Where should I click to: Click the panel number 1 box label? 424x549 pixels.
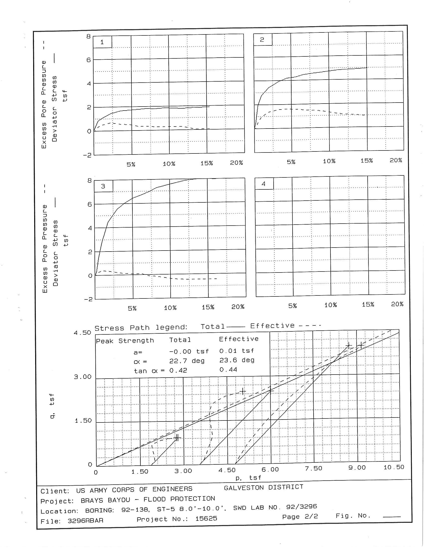[102, 42]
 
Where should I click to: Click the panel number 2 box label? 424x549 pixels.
[262, 40]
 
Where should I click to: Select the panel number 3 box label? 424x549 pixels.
[103, 186]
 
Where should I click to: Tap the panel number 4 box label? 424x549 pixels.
[263, 184]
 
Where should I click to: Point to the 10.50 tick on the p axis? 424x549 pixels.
[394, 467]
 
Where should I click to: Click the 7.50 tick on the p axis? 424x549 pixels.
[314, 468]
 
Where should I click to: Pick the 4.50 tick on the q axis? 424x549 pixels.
[82, 333]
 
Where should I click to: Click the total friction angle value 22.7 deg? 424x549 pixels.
[187, 361]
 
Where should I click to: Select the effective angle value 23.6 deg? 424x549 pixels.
[237, 360]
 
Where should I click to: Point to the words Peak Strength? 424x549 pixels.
[125, 341]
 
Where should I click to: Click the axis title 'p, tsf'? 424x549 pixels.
[248, 478]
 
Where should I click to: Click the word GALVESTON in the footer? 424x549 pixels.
[245, 488]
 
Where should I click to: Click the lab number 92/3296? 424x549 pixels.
[302, 507]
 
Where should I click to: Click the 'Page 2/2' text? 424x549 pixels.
[300, 517]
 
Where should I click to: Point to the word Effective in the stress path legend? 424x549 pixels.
[272, 326]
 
